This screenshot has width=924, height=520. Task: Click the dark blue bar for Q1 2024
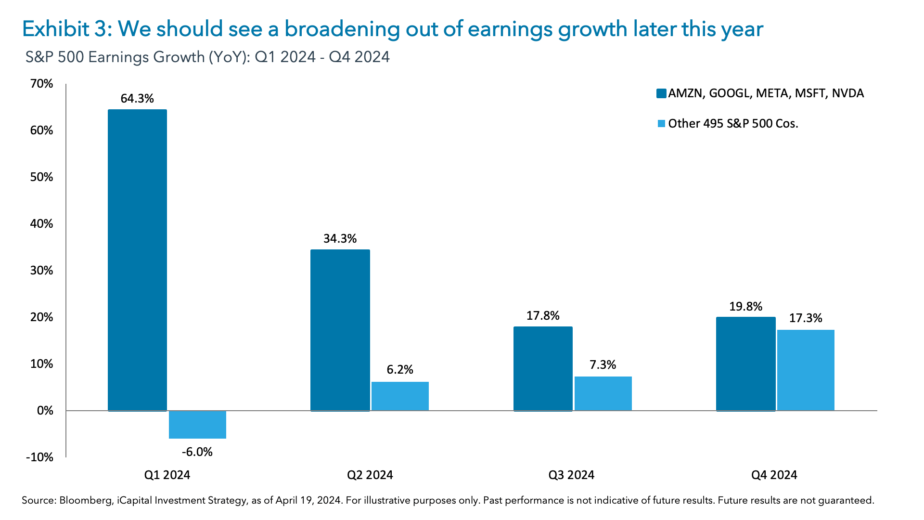tap(137, 260)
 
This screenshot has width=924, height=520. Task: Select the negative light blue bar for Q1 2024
tap(197, 424)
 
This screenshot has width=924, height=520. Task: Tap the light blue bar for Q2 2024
tap(400, 396)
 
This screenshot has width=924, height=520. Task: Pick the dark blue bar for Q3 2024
tap(543, 368)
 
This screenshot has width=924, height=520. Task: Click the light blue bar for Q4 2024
tap(806, 370)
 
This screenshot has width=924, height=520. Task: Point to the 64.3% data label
tap(137, 99)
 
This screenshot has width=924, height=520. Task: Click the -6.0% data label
tap(197, 452)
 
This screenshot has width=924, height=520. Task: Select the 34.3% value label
tap(340, 239)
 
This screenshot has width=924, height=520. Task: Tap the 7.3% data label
tap(603, 365)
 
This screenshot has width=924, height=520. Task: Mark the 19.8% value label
tap(745, 307)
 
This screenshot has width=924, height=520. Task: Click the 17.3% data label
tap(806, 318)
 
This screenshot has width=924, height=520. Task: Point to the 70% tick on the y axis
tap(41, 84)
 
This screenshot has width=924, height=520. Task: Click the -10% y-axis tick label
tap(39, 457)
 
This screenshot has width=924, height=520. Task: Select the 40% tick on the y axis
tap(41, 224)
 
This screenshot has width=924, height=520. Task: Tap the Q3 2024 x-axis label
tap(571, 475)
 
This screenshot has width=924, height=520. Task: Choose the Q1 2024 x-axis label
tap(167, 475)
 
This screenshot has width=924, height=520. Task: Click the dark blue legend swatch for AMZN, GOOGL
tap(661, 93)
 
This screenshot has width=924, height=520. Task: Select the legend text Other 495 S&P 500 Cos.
tap(733, 124)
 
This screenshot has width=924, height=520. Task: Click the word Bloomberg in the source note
tap(86, 501)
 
